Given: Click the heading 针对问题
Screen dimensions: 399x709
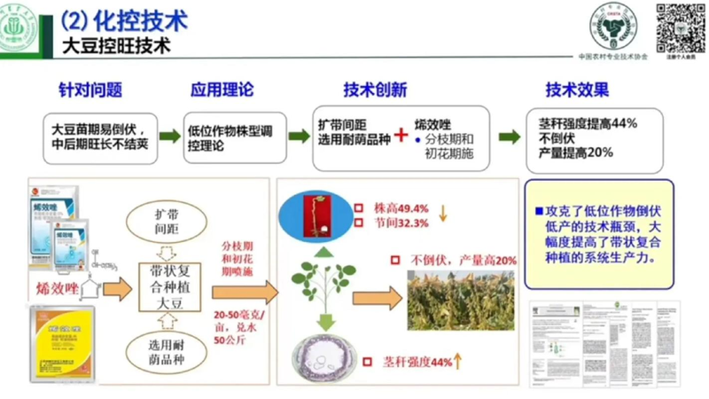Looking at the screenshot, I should coord(90,90).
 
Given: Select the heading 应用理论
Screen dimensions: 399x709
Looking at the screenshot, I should coord(222,90).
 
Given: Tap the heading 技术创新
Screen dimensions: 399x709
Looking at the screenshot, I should coord(375,90).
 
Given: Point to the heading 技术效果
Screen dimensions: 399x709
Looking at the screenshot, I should coord(577,90).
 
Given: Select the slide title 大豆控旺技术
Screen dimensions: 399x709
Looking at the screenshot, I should coord(116,43).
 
